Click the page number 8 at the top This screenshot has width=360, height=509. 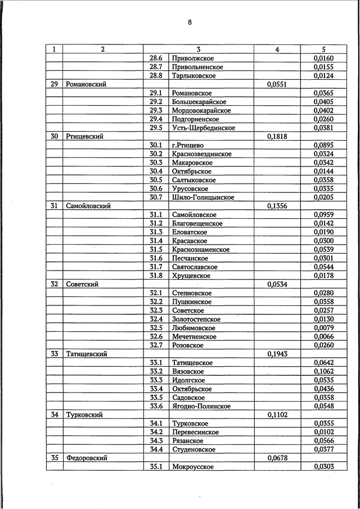click(190, 22)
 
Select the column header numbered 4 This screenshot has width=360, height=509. click(277, 49)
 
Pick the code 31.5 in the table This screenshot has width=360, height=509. click(156, 250)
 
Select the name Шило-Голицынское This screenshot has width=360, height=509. click(203, 197)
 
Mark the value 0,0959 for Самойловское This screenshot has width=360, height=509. click(323, 215)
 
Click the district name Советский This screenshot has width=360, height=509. click(82, 285)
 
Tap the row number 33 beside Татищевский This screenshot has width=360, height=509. click(54, 354)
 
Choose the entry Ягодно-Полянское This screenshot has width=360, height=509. click(202, 406)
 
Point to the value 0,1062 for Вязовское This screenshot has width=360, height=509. click(323, 372)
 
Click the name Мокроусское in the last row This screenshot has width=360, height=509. click(192, 467)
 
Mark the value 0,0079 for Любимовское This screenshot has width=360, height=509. click(323, 328)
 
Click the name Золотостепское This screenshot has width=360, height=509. click(197, 319)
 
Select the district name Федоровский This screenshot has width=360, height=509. click(87, 458)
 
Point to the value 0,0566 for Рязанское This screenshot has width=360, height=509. click(323, 441)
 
